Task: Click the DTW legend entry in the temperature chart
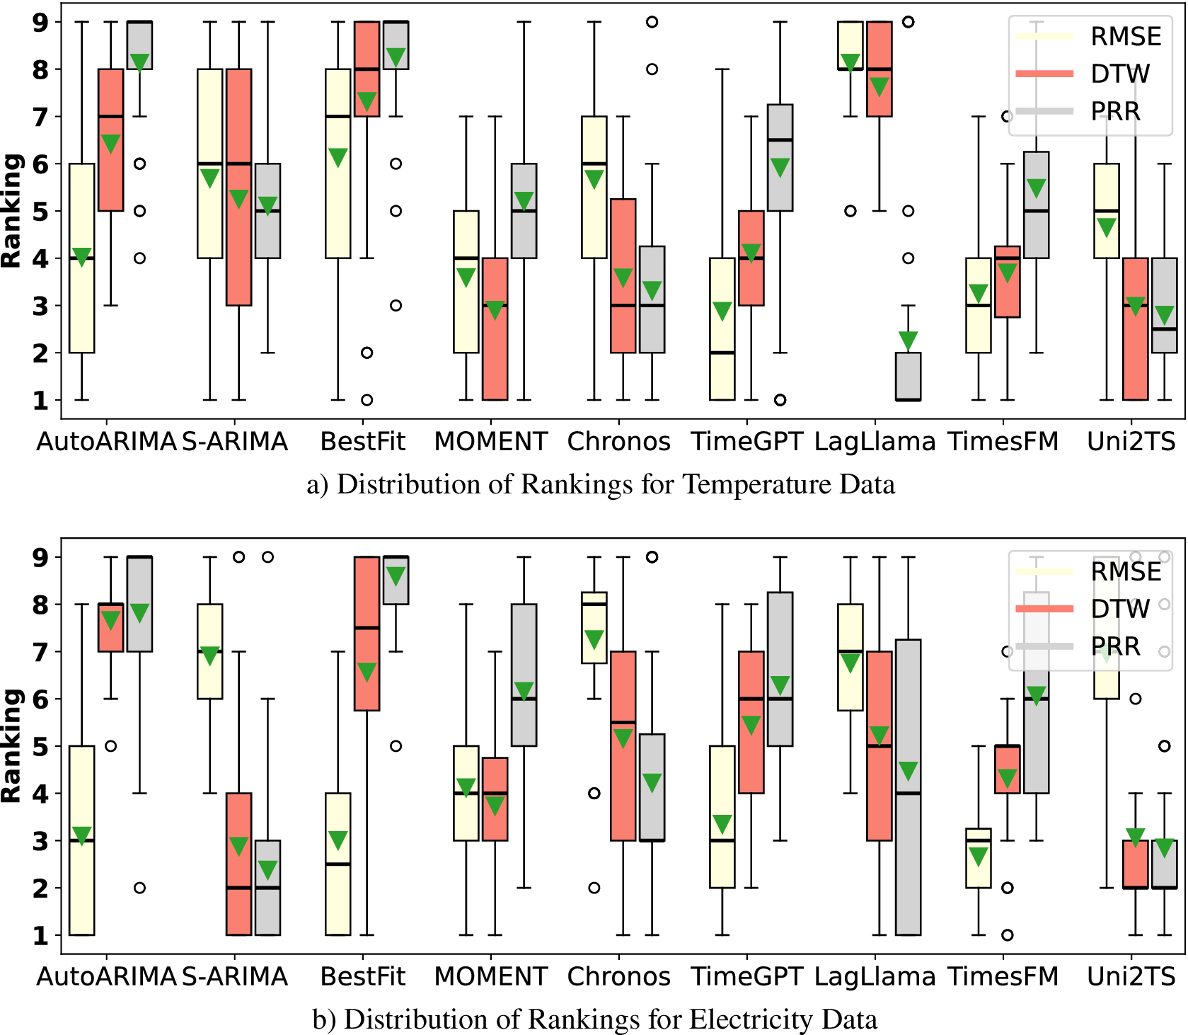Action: coord(1120,74)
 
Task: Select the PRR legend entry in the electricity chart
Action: coord(1115,646)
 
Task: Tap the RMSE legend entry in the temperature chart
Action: coord(1125,36)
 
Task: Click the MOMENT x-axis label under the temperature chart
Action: coord(490,441)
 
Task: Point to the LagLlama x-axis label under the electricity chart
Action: coord(875,976)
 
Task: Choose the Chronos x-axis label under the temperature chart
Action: coord(618,441)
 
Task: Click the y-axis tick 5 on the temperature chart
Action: coord(41,211)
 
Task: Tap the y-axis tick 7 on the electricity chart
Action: coord(41,651)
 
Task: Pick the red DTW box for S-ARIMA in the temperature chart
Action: coord(239,187)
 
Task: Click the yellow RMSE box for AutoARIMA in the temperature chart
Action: coord(82,258)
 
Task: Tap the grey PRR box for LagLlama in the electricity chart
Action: coord(908,787)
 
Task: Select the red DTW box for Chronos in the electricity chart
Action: coord(623,745)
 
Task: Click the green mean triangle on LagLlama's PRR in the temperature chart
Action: coord(908,340)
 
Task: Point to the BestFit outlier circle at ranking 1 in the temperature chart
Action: coord(367,400)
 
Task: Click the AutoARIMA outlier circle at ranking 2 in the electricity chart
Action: coord(140,888)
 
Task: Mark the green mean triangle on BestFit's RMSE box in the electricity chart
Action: coord(338,840)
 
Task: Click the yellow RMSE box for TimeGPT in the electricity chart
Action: coord(722,816)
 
